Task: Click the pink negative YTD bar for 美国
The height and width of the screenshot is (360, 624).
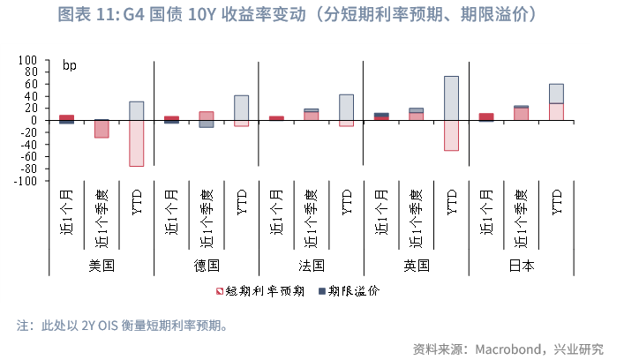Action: tap(137, 143)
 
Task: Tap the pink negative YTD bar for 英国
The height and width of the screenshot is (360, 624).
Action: tap(451, 135)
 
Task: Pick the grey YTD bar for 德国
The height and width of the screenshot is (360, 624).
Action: tap(241, 108)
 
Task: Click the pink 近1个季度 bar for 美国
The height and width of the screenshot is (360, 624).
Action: tap(101, 129)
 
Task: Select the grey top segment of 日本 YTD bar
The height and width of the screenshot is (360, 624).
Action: tap(556, 94)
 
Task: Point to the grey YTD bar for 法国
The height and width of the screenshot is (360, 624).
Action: tap(346, 107)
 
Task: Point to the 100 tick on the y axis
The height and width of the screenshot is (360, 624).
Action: tap(27, 61)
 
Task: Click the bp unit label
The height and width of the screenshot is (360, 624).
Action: tap(69, 65)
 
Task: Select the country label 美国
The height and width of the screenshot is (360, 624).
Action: tap(102, 265)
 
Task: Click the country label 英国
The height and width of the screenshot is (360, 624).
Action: tap(417, 265)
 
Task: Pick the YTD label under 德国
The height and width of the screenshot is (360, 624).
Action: tap(242, 201)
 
